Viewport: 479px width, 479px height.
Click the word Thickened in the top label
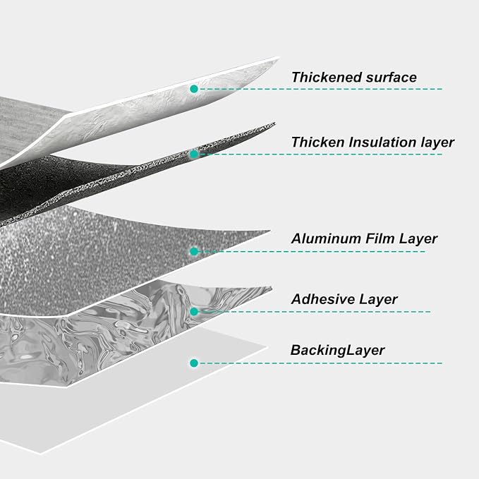(327, 78)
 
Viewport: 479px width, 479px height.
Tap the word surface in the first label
(392, 78)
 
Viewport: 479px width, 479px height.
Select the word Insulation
(382, 142)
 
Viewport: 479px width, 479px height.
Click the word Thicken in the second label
(317, 142)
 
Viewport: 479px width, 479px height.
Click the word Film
(380, 238)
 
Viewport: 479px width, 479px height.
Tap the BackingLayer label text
(338, 351)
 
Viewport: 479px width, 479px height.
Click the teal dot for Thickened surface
(194, 89)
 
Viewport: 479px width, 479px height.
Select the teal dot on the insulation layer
(194, 154)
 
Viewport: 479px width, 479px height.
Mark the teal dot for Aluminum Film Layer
(194, 251)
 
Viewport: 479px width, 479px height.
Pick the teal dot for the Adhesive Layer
(194, 312)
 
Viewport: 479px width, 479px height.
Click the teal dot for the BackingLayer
(194, 363)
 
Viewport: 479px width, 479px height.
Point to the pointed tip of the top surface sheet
(279, 58)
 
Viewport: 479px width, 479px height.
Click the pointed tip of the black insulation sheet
(275, 123)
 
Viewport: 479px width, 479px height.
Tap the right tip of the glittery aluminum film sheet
(270, 231)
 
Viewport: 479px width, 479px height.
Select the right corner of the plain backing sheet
(267, 347)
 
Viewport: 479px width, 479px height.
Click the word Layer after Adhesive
(378, 299)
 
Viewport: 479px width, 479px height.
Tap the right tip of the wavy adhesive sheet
(272, 287)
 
